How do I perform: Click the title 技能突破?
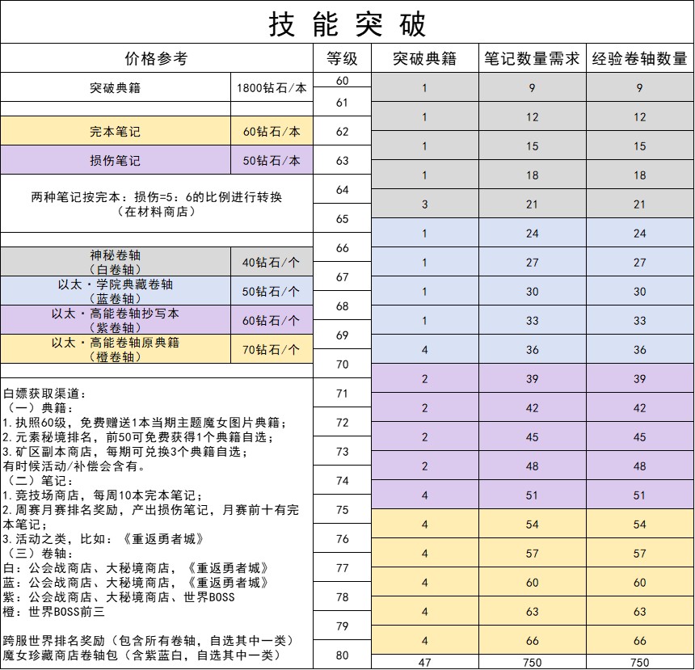tap(347, 25)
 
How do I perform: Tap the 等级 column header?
tap(342, 59)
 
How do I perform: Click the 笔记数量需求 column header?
tap(532, 59)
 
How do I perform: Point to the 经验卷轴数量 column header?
tap(639, 59)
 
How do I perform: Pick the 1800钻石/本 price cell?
tap(272, 88)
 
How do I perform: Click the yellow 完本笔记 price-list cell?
tap(115, 132)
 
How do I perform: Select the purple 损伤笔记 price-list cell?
tap(115, 161)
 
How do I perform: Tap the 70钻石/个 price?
tap(272, 350)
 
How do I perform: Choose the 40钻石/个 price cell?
tap(272, 262)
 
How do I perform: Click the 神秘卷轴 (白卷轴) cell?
tap(115, 262)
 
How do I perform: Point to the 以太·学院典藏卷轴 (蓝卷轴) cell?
tap(115, 292)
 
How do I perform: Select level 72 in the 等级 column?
tap(342, 423)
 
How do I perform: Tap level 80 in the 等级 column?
tap(342, 655)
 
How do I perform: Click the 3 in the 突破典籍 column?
tap(424, 204)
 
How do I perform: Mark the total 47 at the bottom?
tap(424, 663)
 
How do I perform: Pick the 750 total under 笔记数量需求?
tap(532, 663)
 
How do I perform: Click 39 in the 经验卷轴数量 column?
tap(639, 379)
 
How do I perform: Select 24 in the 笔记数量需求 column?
tap(532, 234)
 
